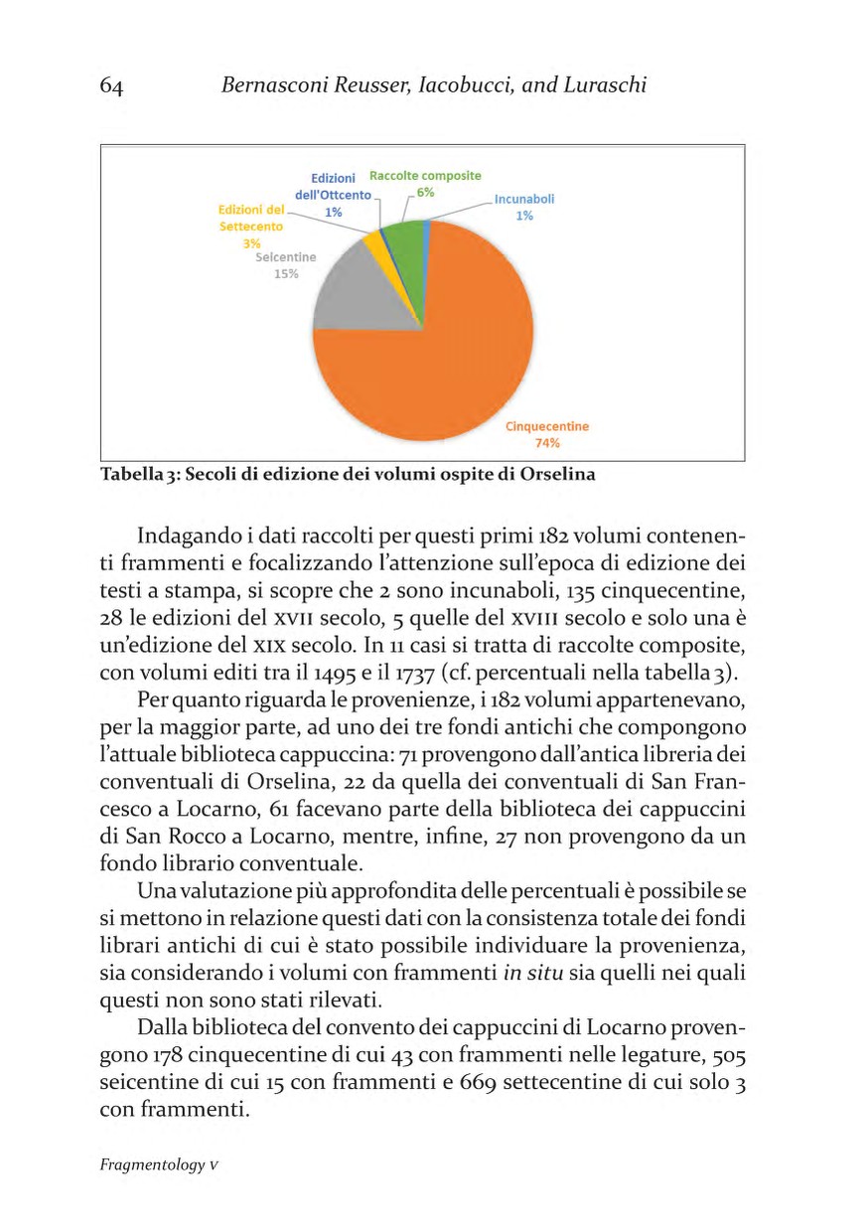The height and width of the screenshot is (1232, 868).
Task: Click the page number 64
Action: pyautogui.click(x=111, y=86)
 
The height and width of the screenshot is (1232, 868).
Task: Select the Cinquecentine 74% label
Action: pyautogui.click(x=547, y=434)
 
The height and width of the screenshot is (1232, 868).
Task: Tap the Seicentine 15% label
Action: pyautogui.click(x=285, y=265)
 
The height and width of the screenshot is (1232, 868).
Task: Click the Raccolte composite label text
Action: pyautogui.click(x=425, y=175)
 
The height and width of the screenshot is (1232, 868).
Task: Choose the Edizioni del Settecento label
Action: pyautogui.click(x=251, y=219)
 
